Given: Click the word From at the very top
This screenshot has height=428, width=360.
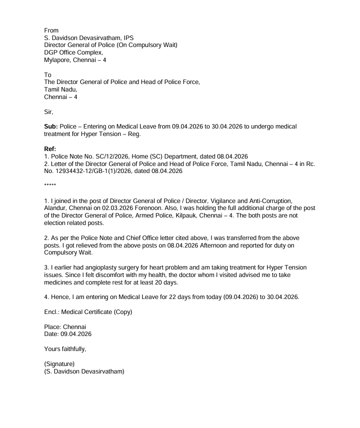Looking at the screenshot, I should pos(52,30).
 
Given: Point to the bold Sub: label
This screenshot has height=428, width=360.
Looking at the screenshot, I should pos(51,128).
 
